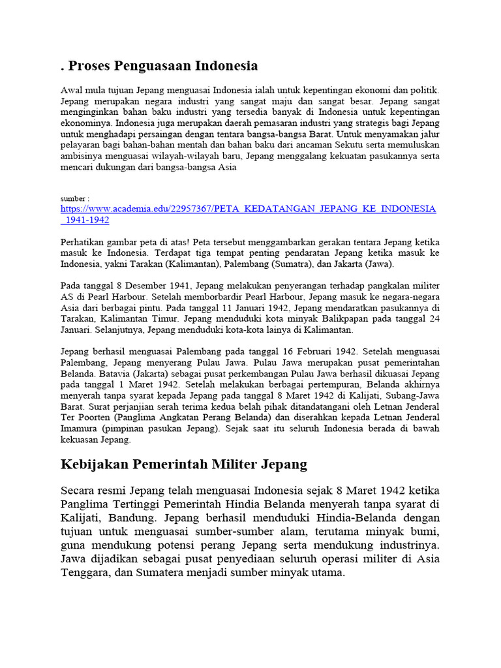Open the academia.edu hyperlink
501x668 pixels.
pos(248,209)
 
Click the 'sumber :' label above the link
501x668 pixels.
pos(74,198)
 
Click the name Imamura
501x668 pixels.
pos(80,429)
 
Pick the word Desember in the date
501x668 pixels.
pos(142,285)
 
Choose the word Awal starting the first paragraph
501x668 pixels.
pos(71,90)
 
